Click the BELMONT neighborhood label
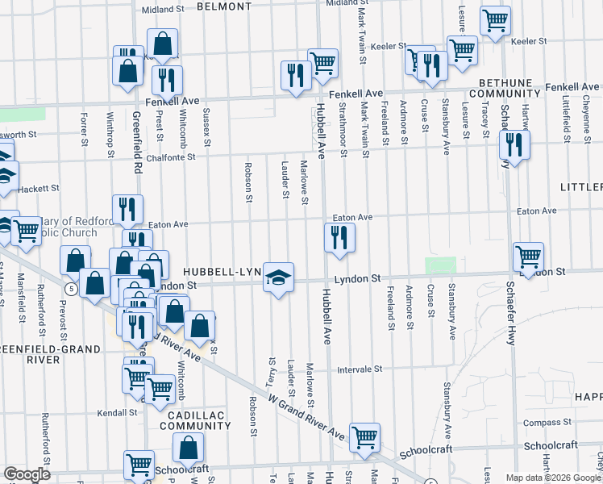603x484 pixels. (x=222, y=6)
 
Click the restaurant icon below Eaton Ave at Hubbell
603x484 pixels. (x=339, y=237)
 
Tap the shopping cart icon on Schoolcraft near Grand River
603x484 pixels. (x=365, y=437)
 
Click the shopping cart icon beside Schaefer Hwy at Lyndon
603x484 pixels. (x=528, y=257)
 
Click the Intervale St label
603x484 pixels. (x=359, y=369)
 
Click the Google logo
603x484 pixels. (x=27, y=474)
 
